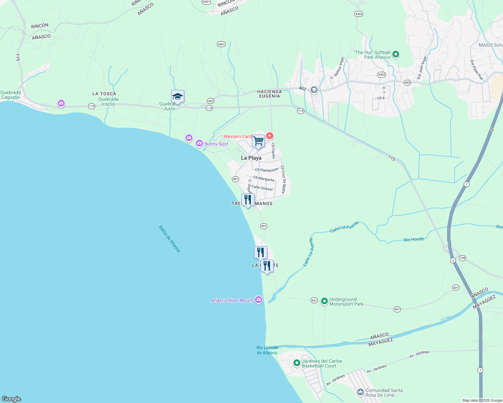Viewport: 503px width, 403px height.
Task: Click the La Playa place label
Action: tap(251, 158)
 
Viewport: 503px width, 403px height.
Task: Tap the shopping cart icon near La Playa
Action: tap(259, 141)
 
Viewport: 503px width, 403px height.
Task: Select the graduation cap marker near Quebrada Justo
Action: tap(178, 97)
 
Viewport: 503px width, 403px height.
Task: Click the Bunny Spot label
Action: tap(216, 144)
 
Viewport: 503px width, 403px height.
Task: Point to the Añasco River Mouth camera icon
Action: tap(259, 300)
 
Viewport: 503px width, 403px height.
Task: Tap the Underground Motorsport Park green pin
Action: tap(324, 301)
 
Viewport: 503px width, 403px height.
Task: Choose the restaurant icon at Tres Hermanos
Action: tap(248, 200)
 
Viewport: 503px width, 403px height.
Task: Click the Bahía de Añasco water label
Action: tap(169, 239)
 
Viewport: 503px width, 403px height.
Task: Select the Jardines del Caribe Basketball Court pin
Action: tap(297, 363)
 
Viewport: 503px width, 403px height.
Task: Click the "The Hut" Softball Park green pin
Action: tap(396, 54)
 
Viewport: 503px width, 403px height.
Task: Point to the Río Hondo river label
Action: tap(414, 239)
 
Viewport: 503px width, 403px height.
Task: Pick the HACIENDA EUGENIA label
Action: tap(269, 94)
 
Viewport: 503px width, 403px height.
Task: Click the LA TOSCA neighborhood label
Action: tap(104, 94)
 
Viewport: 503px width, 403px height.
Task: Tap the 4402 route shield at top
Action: tap(359, 14)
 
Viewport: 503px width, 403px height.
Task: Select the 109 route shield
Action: tap(462, 258)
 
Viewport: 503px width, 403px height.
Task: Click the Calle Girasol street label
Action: tap(262, 188)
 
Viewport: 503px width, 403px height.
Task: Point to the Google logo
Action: tap(11, 399)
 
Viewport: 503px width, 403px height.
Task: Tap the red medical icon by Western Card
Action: tap(269, 136)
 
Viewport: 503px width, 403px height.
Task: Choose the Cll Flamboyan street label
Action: tap(267, 170)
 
